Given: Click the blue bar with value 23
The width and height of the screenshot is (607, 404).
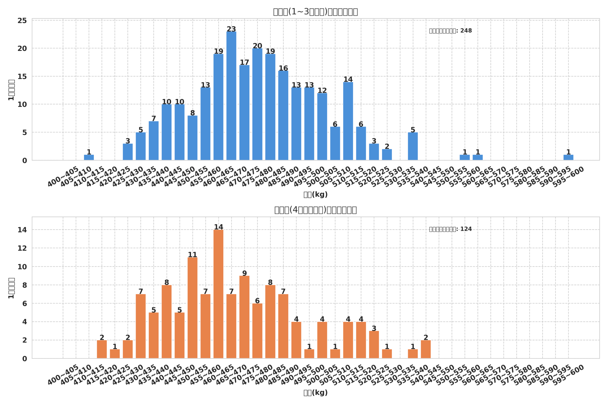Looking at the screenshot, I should click(x=231, y=96).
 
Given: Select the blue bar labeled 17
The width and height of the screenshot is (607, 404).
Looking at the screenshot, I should click(x=244, y=113).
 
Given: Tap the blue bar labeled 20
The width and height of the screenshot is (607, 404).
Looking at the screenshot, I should click(x=257, y=104).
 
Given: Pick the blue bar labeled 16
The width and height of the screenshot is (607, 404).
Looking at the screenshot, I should click(x=283, y=115).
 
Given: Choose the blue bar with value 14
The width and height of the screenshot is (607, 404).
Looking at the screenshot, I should click(x=348, y=121).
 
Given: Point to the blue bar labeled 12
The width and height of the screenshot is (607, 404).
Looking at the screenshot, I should click(x=322, y=127).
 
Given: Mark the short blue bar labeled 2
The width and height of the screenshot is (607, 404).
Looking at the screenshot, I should click(x=387, y=155).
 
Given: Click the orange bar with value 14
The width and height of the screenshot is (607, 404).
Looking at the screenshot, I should click(x=218, y=294).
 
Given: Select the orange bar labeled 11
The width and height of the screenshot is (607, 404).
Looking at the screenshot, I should click(x=192, y=308).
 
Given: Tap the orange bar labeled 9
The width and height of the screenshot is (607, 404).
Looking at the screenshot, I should click(x=244, y=317).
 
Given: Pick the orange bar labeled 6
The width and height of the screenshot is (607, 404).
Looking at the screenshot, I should click(x=257, y=331).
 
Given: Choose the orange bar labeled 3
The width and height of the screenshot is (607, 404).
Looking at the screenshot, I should click(x=374, y=345).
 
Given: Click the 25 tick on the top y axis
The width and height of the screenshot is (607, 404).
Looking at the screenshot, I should click(x=22, y=21).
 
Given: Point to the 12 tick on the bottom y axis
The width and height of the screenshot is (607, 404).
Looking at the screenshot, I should click(x=22, y=248).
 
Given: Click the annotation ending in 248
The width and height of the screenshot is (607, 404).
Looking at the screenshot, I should click(x=450, y=31).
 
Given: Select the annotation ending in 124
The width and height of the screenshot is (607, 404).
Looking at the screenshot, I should click(x=450, y=229).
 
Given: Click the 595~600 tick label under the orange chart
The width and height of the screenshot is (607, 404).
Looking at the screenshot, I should click(x=568, y=375).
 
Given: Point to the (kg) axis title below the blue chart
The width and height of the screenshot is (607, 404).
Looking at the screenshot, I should click(x=315, y=195).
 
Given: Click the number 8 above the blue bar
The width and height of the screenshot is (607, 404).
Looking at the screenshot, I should click(x=193, y=113).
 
